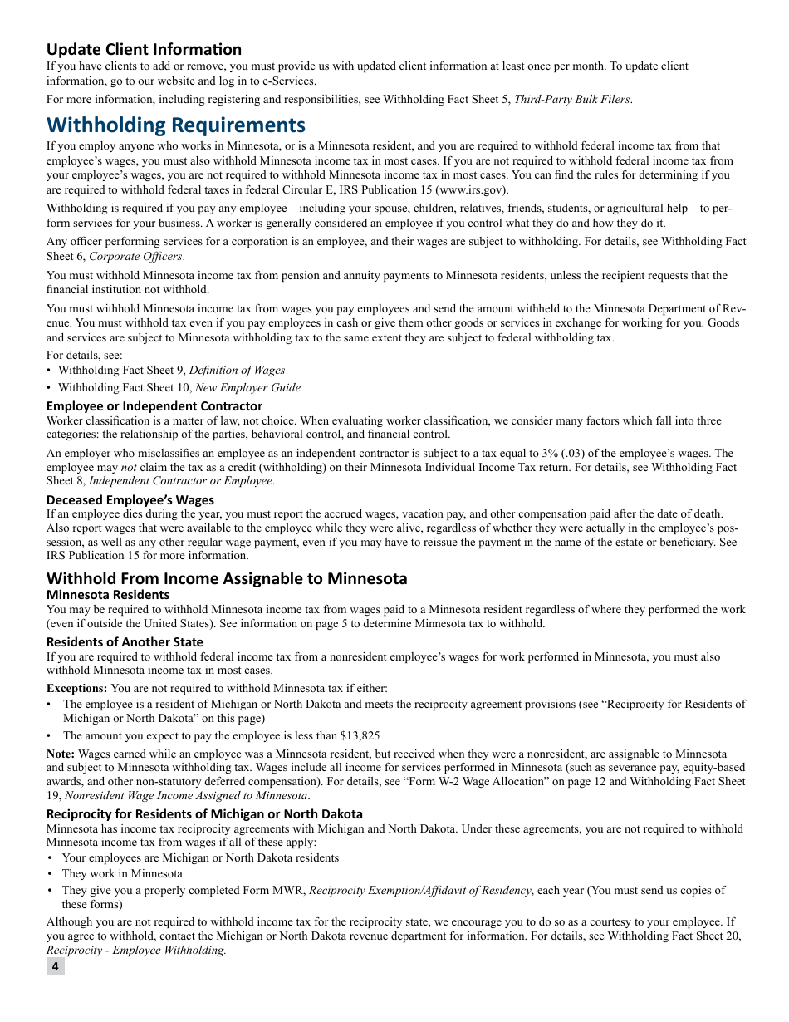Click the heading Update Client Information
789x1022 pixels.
coord(144,49)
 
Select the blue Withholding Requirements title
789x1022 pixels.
coord(176,125)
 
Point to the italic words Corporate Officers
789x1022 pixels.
coord(136,256)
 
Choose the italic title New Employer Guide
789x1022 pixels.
coord(247,387)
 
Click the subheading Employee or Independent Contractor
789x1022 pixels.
coord(154,406)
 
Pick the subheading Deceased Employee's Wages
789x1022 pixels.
coord(130,499)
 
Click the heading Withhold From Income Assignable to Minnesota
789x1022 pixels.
coord(227,578)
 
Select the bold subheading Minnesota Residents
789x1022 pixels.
coord(108,595)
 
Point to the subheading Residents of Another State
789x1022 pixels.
coord(125,642)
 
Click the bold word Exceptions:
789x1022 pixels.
coord(76,688)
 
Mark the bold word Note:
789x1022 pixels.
coord(61,754)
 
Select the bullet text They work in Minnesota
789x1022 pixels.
coord(122,873)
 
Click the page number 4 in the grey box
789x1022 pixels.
coord(55,966)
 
